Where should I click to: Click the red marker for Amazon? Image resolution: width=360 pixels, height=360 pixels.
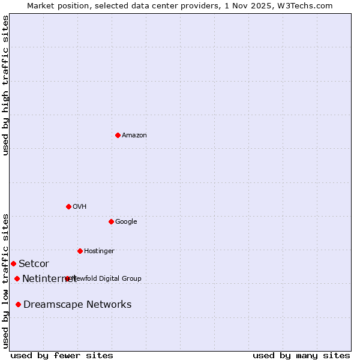pos(118,135)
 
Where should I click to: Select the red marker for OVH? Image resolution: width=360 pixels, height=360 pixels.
pos(68,206)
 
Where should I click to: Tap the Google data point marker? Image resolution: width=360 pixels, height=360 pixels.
pos(111,221)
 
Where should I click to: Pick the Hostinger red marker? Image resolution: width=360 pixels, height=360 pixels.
pos(80,251)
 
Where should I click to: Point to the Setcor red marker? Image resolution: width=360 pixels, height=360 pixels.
pos(13,263)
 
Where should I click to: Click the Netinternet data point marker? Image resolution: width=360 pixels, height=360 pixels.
pos(17,278)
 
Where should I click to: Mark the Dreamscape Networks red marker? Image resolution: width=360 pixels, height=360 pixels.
pos(18,305)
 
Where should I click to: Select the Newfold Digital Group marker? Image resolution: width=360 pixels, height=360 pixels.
pos(67,278)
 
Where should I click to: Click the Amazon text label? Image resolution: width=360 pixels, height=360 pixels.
pos(134,136)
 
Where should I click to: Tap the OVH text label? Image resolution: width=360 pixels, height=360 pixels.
pos(80,207)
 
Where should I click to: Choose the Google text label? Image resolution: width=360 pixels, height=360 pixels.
pos(126,222)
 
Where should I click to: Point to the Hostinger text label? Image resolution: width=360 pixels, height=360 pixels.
pos(99,251)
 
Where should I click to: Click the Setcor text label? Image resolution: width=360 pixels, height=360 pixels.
pos(34,264)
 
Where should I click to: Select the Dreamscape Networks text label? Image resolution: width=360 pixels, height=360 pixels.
pos(77,305)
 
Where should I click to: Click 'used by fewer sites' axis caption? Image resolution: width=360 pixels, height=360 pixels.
pos(62,356)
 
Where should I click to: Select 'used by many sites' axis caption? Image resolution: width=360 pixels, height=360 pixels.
pos(301,356)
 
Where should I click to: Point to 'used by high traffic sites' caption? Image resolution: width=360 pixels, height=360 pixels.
pos(6,85)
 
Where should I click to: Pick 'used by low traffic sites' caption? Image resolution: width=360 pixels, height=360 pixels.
pos(6,280)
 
